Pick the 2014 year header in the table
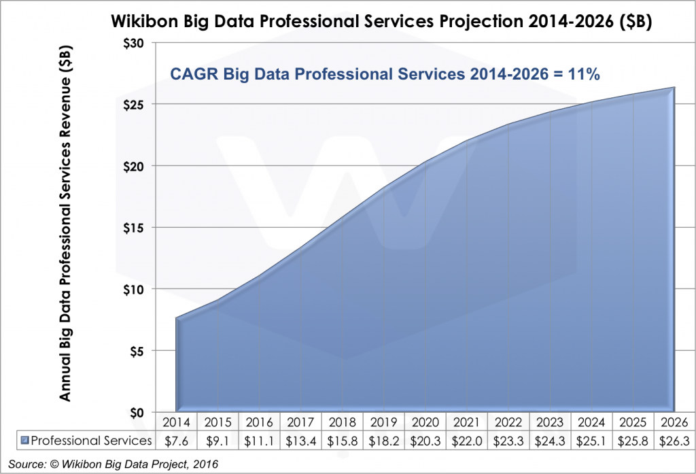coord(176,422)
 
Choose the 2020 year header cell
coord(425,422)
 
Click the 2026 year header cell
coord(675,422)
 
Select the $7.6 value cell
coord(176,441)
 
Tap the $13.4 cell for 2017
coord(301,441)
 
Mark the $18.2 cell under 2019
coord(384,441)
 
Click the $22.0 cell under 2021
coord(467,441)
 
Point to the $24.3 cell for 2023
coord(551,441)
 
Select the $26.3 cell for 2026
coord(675,441)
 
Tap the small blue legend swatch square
coord(25,441)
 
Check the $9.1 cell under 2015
coord(217,441)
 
